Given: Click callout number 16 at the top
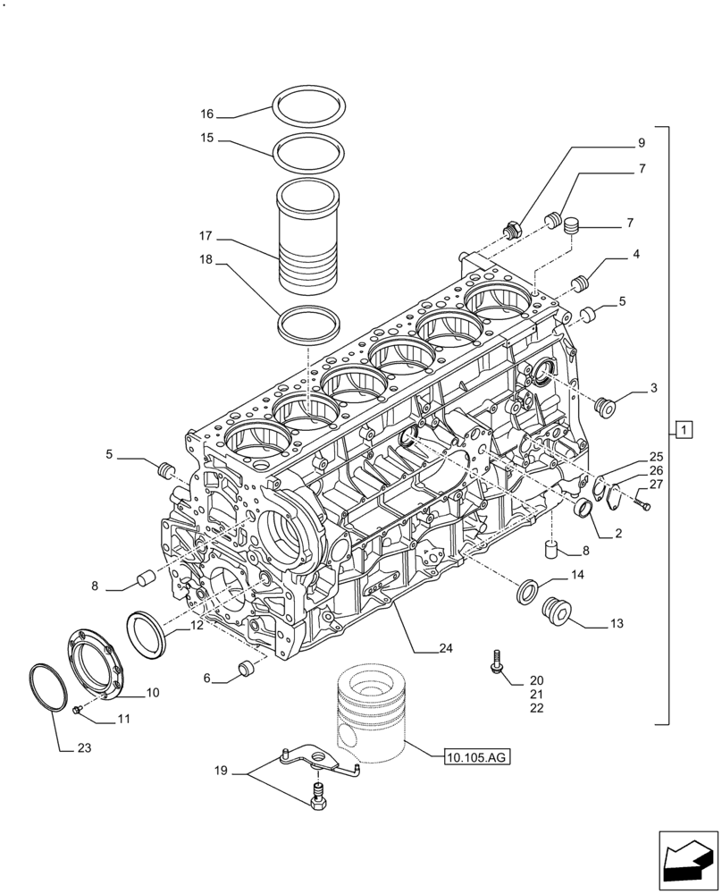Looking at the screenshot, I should click(x=207, y=114).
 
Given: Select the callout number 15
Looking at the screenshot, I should click(x=207, y=139).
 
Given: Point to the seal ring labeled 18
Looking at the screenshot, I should click(x=310, y=323).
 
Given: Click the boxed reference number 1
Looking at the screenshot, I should click(x=683, y=431).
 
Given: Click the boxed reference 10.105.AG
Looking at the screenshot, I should click(x=475, y=758).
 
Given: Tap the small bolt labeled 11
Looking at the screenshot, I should click(x=77, y=709).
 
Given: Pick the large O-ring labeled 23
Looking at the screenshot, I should click(x=49, y=687).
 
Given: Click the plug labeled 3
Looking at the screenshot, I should click(x=607, y=407).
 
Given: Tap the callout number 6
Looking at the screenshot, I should click(x=207, y=679).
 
